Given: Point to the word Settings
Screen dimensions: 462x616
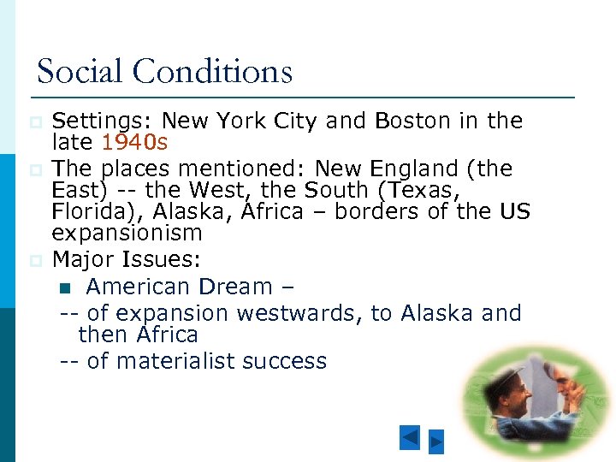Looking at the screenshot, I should click(102, 121).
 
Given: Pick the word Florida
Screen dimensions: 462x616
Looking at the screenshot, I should click(92, 210).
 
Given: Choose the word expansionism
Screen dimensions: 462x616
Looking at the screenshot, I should click(127, 233).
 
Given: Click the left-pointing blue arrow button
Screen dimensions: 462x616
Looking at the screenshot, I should click(410, 438).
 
